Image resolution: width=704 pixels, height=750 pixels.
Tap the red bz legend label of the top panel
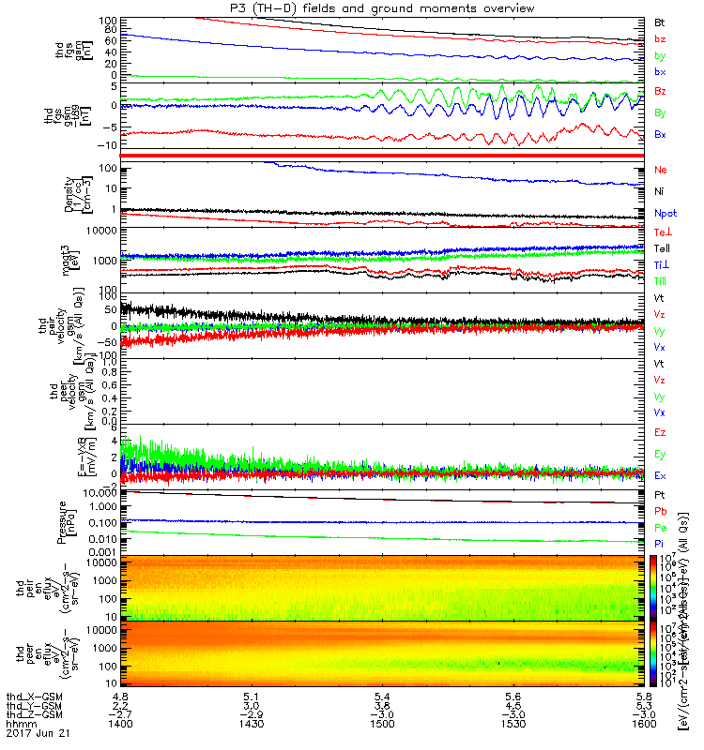click(660, 38)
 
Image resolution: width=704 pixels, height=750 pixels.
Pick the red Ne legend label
click(660, 171)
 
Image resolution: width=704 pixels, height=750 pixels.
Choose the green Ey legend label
click(661, 455)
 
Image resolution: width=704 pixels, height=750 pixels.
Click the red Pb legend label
click(660, 511)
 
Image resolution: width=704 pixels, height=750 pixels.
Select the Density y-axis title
click(63, 192)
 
